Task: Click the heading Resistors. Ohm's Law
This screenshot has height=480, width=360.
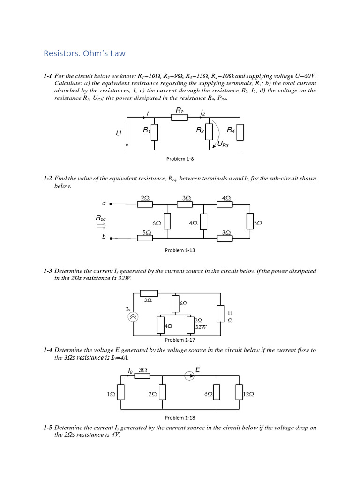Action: tap(84, 53)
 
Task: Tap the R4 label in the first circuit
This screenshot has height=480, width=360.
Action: tap(231, 130)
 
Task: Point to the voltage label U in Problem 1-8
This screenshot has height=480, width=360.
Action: tap(119, 134)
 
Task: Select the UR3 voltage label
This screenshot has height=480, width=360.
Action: tap(223, 145)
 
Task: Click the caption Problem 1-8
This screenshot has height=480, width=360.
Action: tap(180, 159)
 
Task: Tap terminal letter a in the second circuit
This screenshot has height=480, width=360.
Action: tap(104, 203)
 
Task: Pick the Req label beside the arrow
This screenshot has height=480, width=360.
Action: tap(101, 218)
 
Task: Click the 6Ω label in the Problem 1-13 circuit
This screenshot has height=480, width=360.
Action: tap(157, 224)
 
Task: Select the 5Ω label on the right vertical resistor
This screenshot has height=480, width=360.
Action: tap(258, 224)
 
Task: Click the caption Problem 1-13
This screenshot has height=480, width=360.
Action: tap(180, 250)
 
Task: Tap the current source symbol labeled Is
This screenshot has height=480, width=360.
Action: tap(133, 317)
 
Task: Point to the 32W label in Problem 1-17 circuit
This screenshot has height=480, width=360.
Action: tap(201, 327)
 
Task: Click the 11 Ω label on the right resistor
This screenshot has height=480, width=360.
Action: tap(230, 316)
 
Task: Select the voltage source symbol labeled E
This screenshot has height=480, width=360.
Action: tap(189, 375)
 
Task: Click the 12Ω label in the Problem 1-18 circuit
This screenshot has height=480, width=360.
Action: tap(248, 395)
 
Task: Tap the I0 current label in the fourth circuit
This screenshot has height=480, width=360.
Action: tap(131, 371)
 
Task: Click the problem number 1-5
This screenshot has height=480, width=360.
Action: tap(47, 427)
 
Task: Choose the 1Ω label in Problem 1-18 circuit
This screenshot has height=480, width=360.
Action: tap(111, 395)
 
